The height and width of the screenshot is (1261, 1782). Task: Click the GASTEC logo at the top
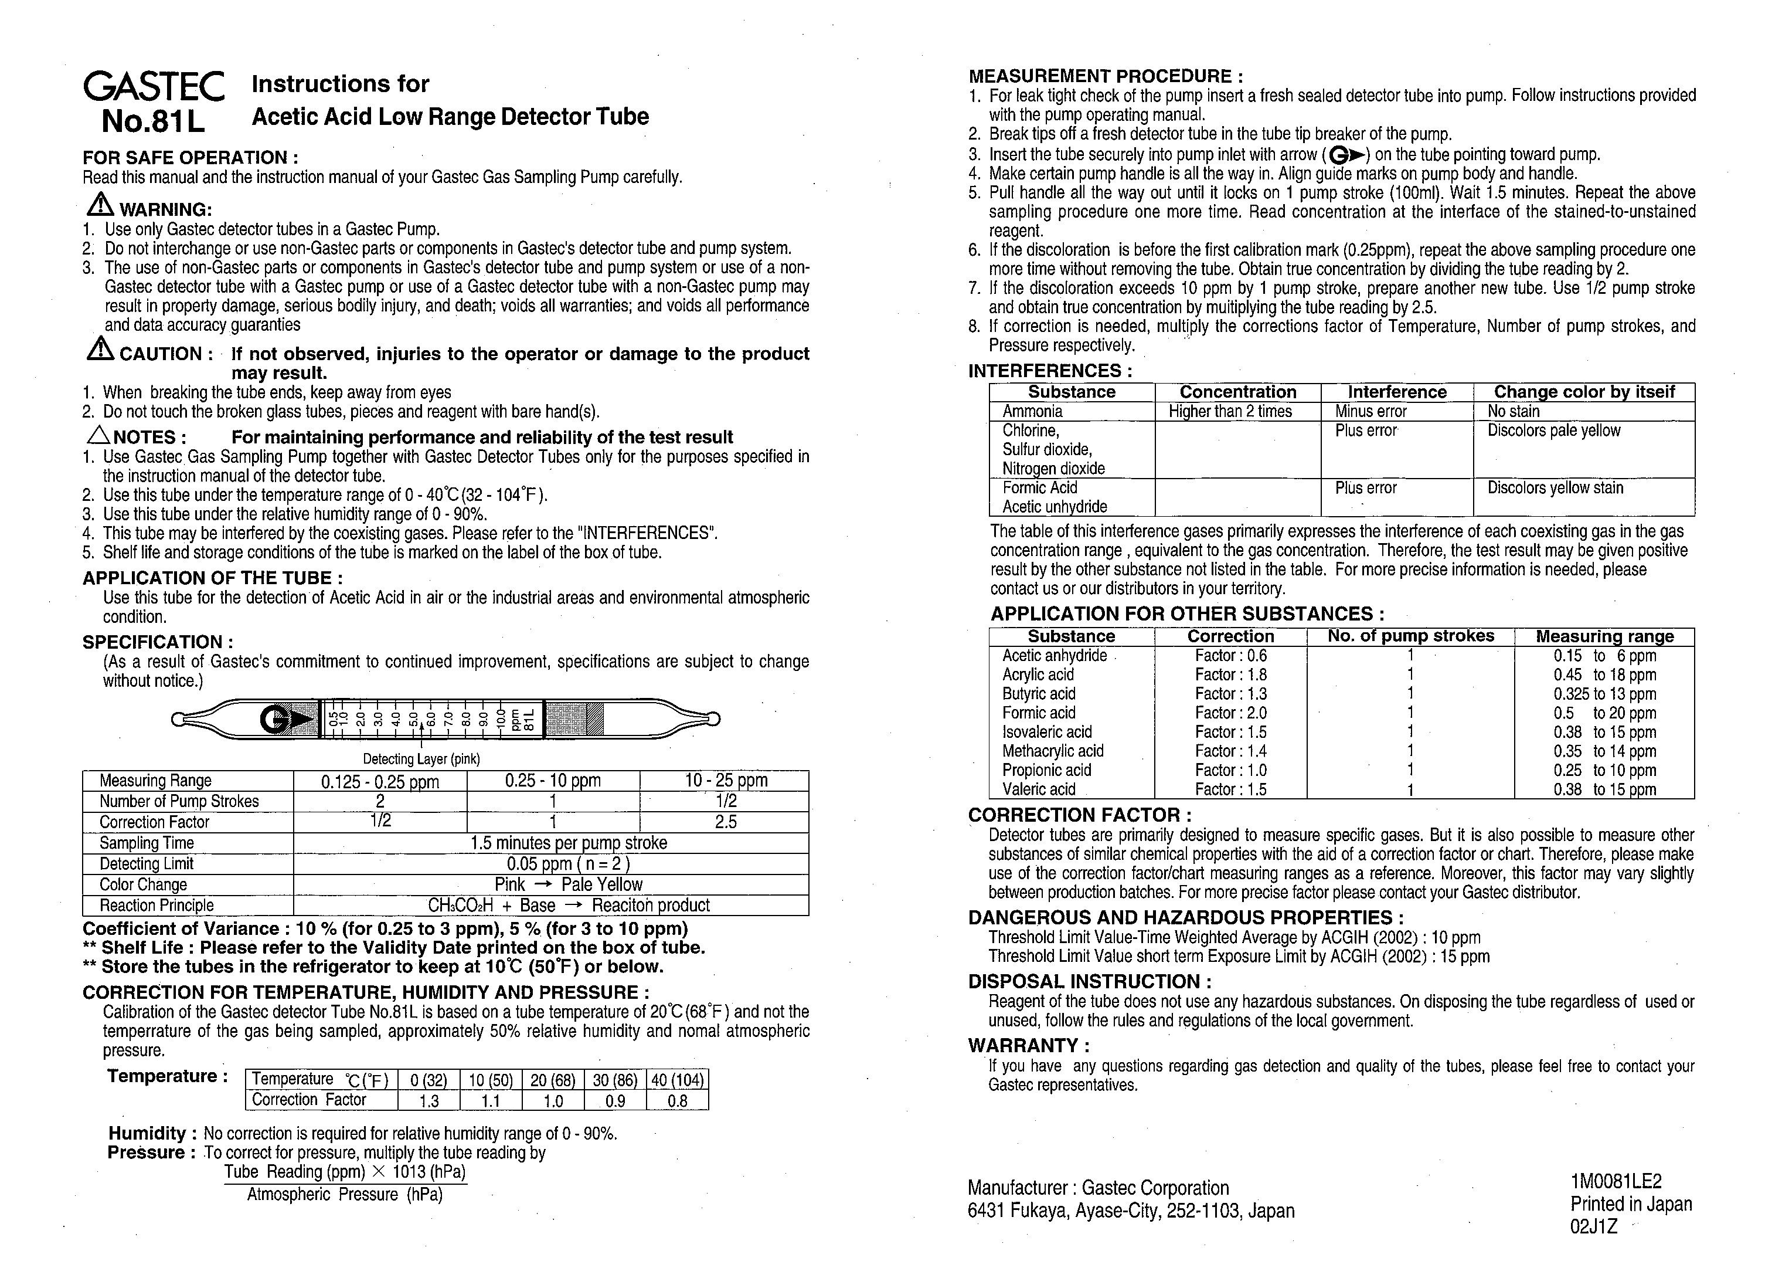tap(154, 86)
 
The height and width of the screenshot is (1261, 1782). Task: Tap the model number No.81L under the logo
tap(153, 121)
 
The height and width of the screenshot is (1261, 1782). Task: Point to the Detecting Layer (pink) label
tap(421, 758)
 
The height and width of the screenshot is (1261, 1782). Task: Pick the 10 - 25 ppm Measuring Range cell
tap(725, 781)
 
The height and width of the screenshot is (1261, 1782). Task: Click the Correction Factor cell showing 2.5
tap(725, 822)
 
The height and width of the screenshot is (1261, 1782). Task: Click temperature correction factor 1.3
tap(429, 1101)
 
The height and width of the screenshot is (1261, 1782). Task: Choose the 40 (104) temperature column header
tap(678, 1080)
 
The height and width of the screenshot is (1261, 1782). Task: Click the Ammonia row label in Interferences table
tap(1032, 412)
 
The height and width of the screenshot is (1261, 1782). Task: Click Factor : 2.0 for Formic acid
tap(1230, 713)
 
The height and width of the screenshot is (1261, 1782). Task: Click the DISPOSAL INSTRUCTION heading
tap(1089, 981)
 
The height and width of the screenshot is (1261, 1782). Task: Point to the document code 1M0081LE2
tap(1616, 1182)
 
